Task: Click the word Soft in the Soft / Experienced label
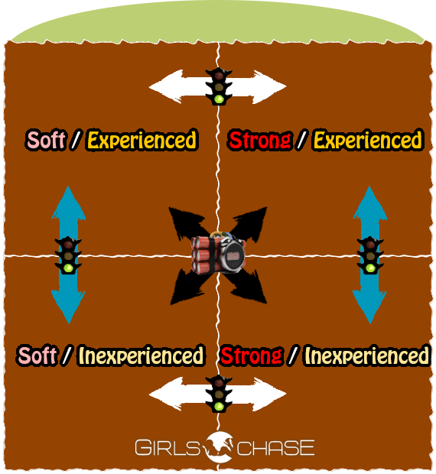click(x=46, y=140)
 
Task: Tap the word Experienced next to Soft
click(x=142, y=140)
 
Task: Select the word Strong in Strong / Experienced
click(x=260, y=140)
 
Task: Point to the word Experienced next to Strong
click(x=368, y=140)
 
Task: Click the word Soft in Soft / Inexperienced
click(x=37, y=355)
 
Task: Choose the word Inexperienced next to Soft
click(x=142, y=355)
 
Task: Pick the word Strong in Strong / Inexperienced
click(x=252, y=355)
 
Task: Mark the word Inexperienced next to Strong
click(x=367, y=355)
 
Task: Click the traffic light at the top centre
click(x=219, y=86)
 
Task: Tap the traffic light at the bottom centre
click(x=219, y=394)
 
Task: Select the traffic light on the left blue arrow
click(x=68, y=255)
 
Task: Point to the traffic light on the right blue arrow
click(x=370, y=255)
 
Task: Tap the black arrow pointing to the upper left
click(x=184, y=223)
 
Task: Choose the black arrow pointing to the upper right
click(x=251, y=223)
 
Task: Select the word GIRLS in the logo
click(x=168, y=447)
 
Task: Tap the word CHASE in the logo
click(x=275, y=447)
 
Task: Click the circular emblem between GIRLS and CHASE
click(x=218, y=447)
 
